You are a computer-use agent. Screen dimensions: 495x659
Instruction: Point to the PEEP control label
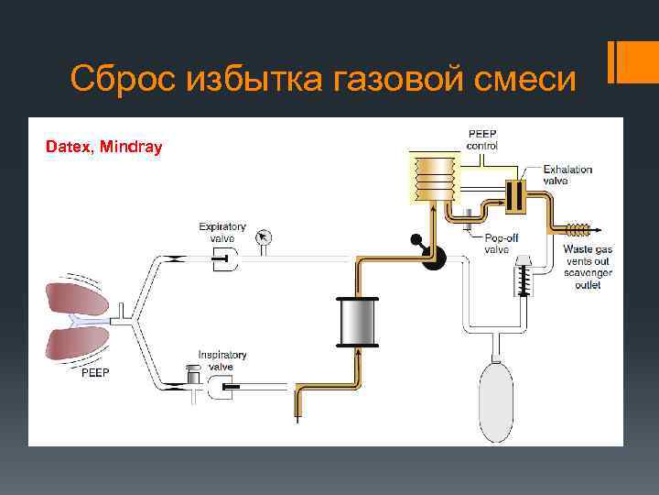(x=482, y=140)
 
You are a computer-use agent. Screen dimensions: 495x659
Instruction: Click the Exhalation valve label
(x=567, y=175)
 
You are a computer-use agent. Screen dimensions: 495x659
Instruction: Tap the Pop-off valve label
(x=496, y=243)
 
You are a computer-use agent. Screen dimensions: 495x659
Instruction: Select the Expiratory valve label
(x=222, y=232)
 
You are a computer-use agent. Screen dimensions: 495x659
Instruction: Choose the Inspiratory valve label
(x=222, y=360)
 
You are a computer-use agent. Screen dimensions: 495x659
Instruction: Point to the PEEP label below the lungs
(x=96, y=373)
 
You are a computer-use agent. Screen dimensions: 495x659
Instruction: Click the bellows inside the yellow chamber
(x=433, y=176)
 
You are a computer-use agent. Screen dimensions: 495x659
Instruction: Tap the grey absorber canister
(x=358, y=322)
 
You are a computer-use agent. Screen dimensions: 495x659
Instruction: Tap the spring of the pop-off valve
(x=524, y=276)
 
